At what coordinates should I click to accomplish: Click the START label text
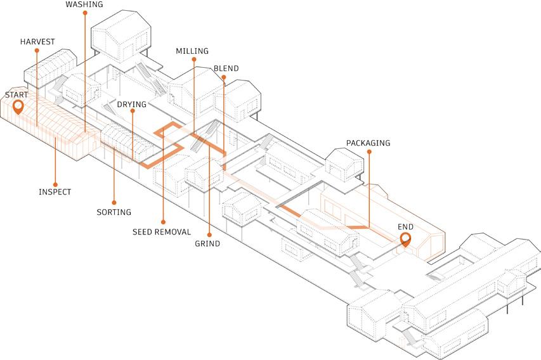[16, 94]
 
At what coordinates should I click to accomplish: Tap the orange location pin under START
[18, 107]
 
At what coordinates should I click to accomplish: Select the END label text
[405, 226]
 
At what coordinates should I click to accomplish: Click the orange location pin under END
[405, 240]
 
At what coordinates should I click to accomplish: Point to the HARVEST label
[37, 42]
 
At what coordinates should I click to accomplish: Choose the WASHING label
[84, 4]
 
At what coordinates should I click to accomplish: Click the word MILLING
[192, 51]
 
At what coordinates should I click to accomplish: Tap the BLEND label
[226, 68]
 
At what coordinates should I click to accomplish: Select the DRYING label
[131, 104]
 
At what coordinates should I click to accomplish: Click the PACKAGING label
[368, 143]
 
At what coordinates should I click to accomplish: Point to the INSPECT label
[55, 192]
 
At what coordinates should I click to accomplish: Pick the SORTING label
[114, 212]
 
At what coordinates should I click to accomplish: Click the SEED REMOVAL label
[162, 232]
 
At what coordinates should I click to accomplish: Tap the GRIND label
[207, 243]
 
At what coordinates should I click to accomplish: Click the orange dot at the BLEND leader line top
[223, 77]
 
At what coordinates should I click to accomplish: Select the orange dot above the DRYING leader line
[132, 112]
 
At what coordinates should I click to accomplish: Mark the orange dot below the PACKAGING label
[368, 151]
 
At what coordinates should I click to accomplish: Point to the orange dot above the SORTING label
[114, 203]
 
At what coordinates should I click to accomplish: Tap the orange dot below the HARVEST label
[37, 51]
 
